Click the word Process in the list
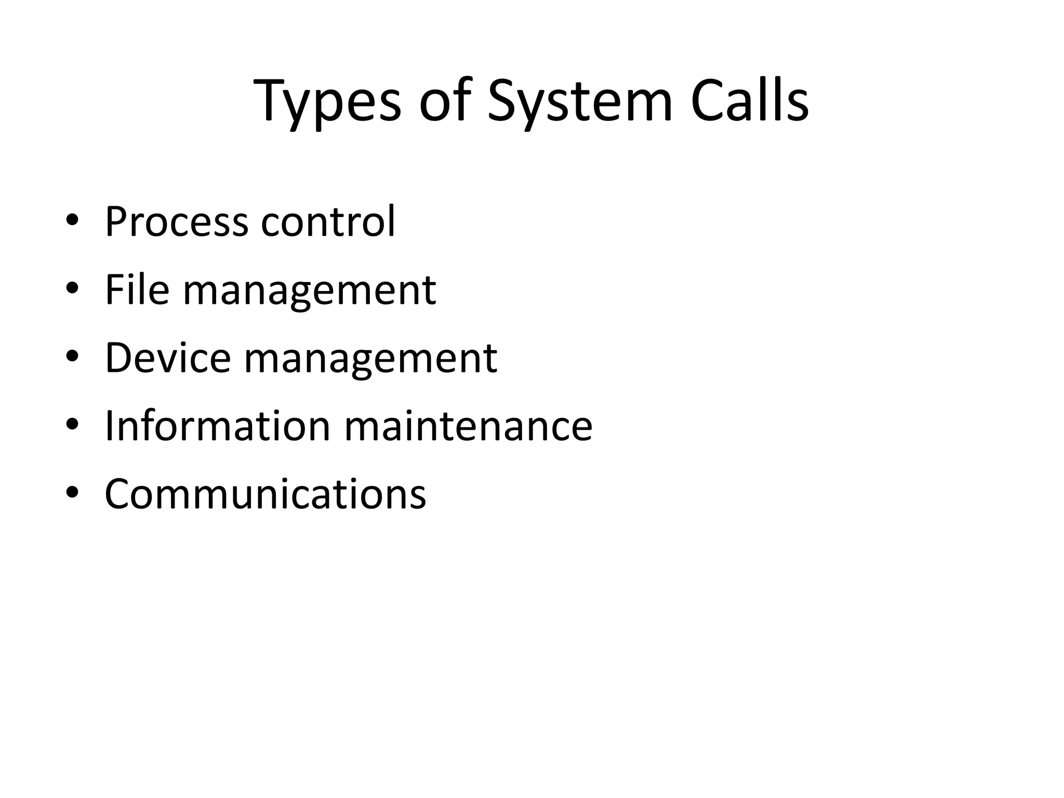177,222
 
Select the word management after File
310,292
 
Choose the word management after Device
370,360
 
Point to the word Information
218,426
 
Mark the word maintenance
468,426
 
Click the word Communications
265,494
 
